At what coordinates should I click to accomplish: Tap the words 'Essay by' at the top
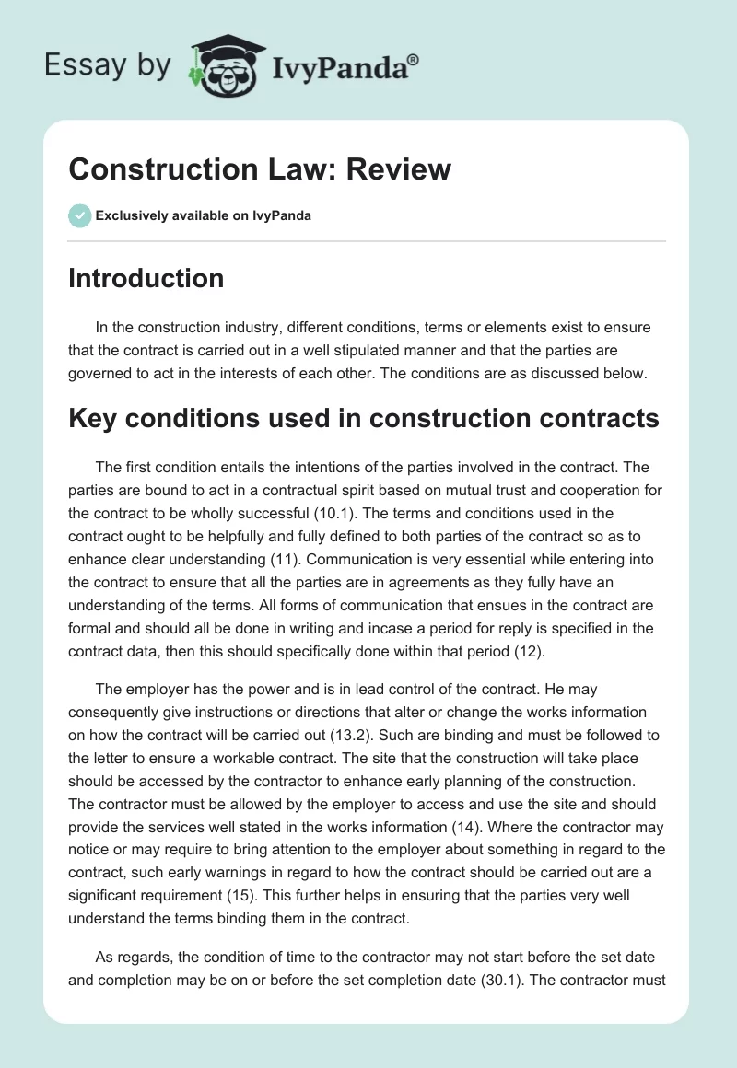pyautogui.click(x=107, y=65)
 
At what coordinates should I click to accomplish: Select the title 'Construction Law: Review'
pyautogui.click(x=260, y=168)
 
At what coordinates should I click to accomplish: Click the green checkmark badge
pyautogui.click(x=79, y=215)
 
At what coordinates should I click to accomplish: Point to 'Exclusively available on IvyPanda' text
pyautogui.click(x=204, y=215)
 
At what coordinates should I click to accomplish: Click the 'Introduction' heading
pyautogui.click(x=146, y=278)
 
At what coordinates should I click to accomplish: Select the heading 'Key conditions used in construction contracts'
pyautogui.click(x=364, y=418)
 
